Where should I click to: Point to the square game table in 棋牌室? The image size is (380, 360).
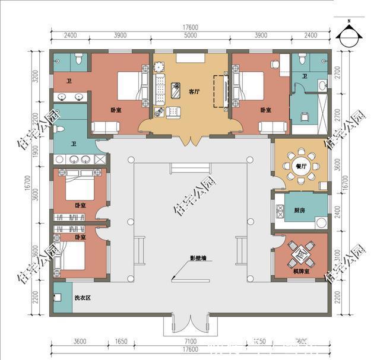pyautogui.click(x=300, y=254)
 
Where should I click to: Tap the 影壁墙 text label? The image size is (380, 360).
pyautogui.click(x=199, y=258)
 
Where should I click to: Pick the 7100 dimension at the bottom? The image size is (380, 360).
pyautogui.click(x=189, y=342)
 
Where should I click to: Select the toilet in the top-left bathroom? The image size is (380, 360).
pyautogui.click(x=78, y=60)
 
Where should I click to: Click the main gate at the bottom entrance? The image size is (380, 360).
pyautogui.click(x=189, y=323)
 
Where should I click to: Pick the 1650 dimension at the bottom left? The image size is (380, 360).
pyautogui.click(x=121, y=342)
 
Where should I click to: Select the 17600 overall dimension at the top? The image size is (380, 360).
pyautogui.click(x=189, y=27)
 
